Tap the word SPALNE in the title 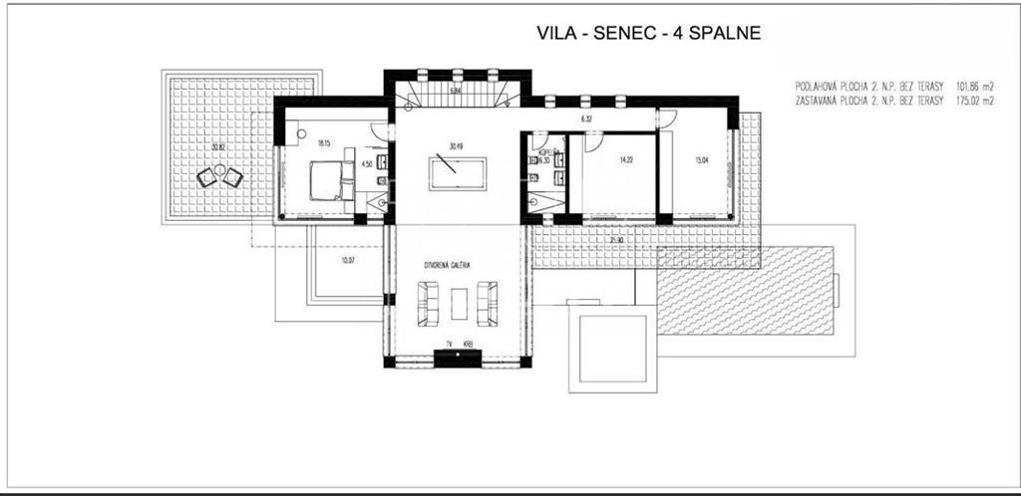point(724,33)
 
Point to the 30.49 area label point(456,146)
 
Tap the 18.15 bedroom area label point(323,143)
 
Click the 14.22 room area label point(626,158)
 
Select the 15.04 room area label point(704,158)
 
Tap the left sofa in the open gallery point(429,303)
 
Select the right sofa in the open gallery point(487,303)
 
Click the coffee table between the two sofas point(458,303)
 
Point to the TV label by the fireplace point(450,345)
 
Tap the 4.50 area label point(366,163)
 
